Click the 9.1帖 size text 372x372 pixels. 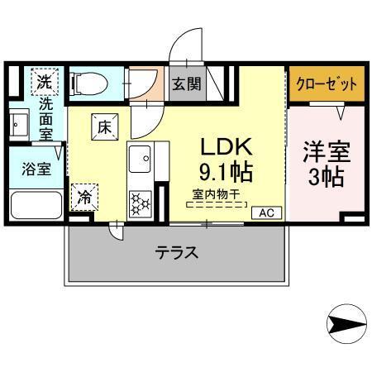224,174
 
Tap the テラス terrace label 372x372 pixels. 177,253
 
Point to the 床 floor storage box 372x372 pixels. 105,126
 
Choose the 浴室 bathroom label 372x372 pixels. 36,169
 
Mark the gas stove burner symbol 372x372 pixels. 140,202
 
